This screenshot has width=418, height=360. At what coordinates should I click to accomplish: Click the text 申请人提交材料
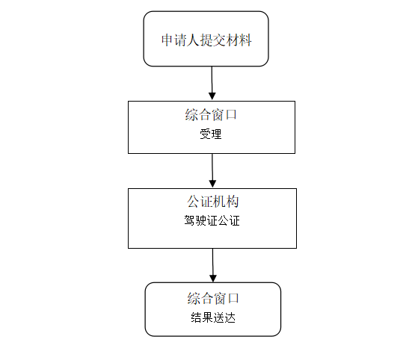tap(206, 40)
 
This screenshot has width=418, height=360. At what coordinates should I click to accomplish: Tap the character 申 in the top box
tap(167, 40)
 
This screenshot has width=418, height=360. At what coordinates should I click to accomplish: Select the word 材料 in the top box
tap(239, 40)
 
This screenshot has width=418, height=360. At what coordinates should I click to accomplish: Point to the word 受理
tap(211, 134)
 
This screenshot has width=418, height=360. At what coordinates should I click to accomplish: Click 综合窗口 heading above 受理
tap(211, 115)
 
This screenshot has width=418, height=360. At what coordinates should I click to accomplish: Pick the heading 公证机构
tap(212, 202)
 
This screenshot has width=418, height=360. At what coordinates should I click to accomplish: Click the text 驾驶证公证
tap(212, 221)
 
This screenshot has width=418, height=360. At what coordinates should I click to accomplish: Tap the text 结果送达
tap(213, 317)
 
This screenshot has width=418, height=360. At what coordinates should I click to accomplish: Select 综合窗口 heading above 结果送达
tap(213, 298)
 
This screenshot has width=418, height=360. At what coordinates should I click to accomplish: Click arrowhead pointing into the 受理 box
tap(212, 96)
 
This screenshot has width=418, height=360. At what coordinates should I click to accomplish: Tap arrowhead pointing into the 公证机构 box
tap(212, 184)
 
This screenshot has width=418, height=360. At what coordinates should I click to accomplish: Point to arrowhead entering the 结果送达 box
tap(213, 278)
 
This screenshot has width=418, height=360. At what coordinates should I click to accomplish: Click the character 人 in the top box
tap(193, 40)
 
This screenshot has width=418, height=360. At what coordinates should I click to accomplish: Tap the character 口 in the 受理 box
tap(231, 115)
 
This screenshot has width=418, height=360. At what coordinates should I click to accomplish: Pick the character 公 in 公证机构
tap(193, 202)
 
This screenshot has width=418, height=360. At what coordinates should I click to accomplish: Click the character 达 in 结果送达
tap(230, 317)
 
